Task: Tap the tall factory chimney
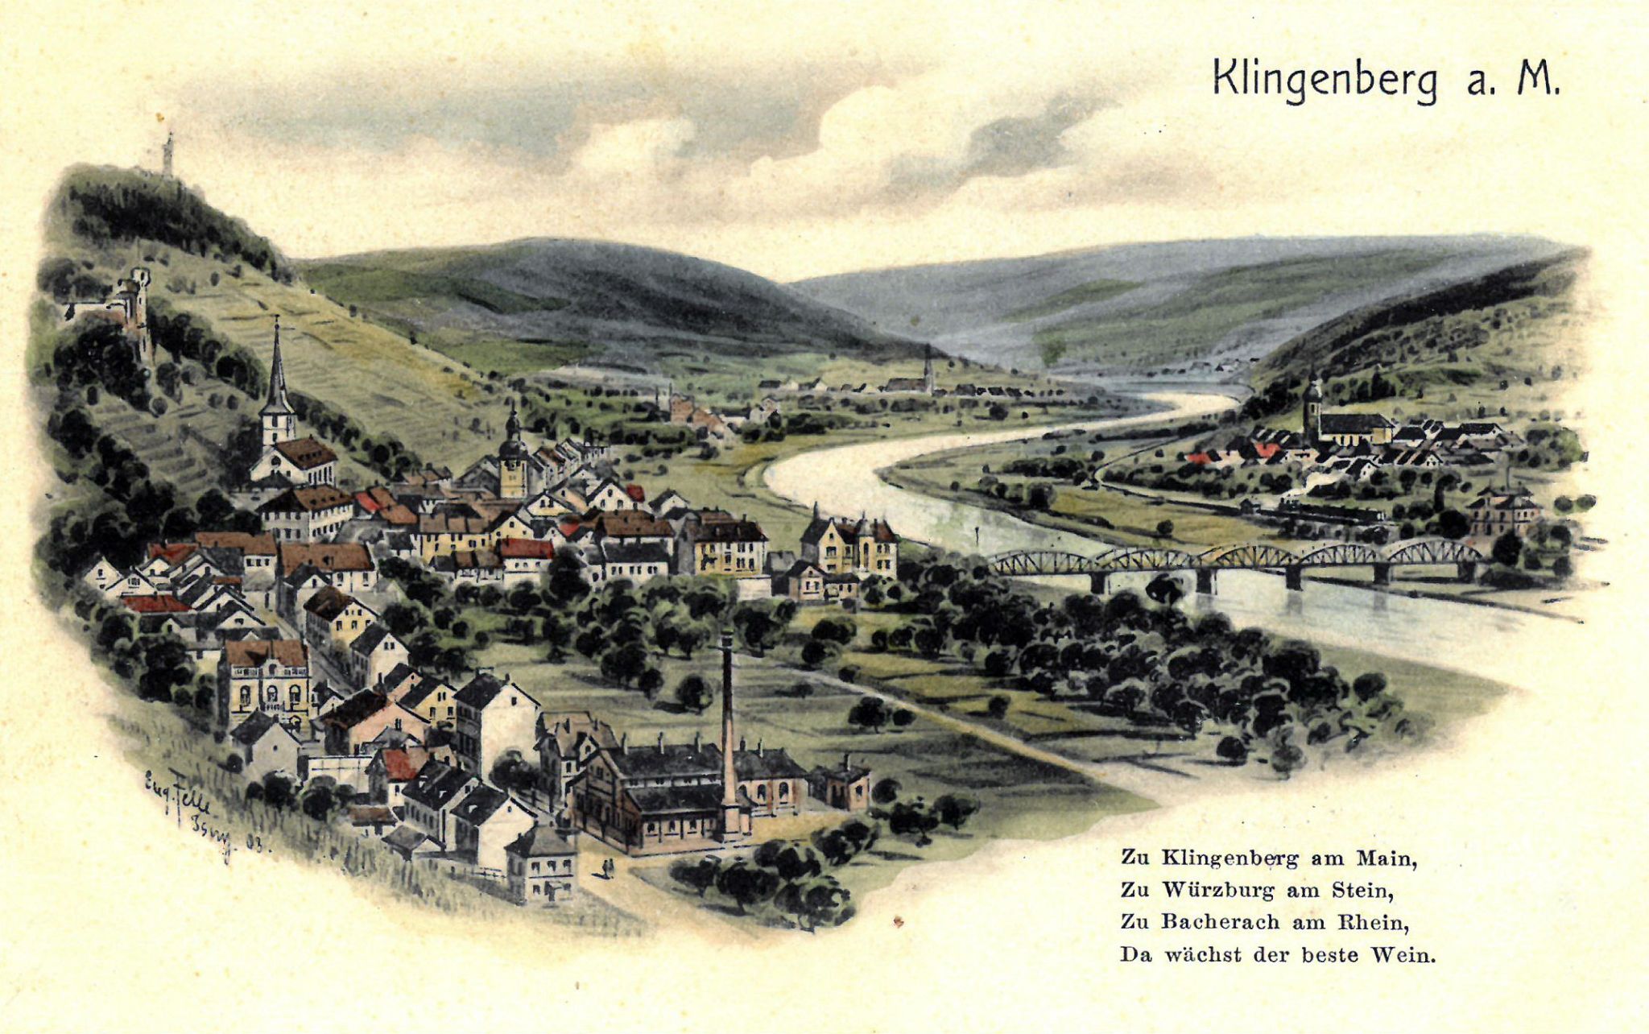[x=727, y=725]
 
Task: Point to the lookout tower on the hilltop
[x=167, y=155]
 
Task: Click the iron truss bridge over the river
[x=1232, y=560]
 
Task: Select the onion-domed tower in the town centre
[x=512, y=451]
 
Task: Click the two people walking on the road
[x=608, y=868]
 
